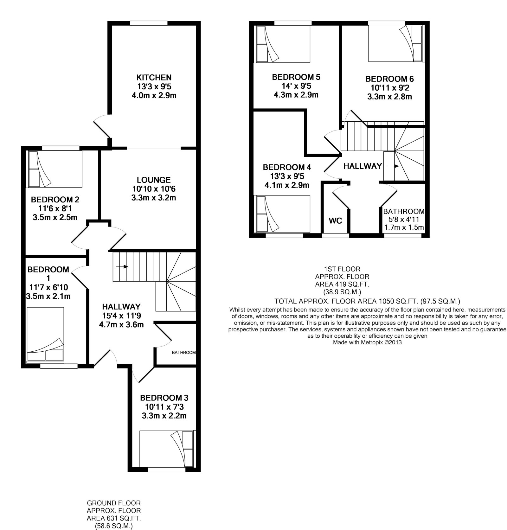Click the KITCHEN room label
coord(154,77)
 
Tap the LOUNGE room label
coord(154,180)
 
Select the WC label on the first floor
coord(335,221)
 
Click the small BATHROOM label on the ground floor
coord(184,352)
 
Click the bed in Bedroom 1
coord(45,334)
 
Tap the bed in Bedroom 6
coord(395,43)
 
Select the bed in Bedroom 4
coord(283,214)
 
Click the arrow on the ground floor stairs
coord(122,267)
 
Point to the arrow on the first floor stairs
coord(393,166)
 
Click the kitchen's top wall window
coord(149,23)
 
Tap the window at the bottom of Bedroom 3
coord(167,469)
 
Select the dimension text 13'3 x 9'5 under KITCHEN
coord(154,86)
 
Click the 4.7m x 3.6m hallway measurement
coord(121,325)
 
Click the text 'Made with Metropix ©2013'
coord(367,342)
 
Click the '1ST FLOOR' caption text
coord(342,269)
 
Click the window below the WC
coord(335,235)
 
